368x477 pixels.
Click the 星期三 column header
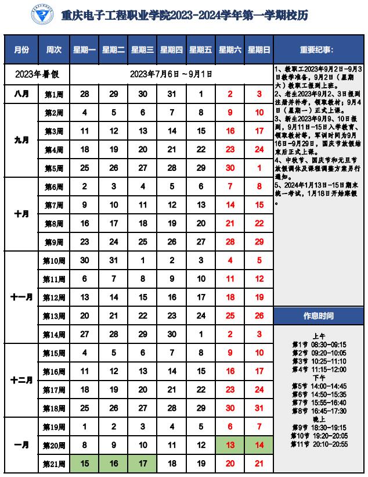[143, 50]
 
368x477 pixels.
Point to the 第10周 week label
[55, 260]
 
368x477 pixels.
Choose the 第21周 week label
[55, 464]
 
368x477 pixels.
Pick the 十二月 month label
[21, 381]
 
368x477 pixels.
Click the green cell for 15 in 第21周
[85, 464]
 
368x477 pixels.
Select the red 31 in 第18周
[259, 408]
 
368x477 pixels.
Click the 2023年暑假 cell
[37, 74]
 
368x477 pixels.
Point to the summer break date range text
[171, 74]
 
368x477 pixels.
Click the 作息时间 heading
[319, 316]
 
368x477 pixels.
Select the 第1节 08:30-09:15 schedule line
[319, 344]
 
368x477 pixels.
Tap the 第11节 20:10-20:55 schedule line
[319, 444]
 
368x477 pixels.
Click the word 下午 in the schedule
[319, 377]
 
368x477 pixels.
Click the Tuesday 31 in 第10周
[114, 260]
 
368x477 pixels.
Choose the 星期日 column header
[259, 50]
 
